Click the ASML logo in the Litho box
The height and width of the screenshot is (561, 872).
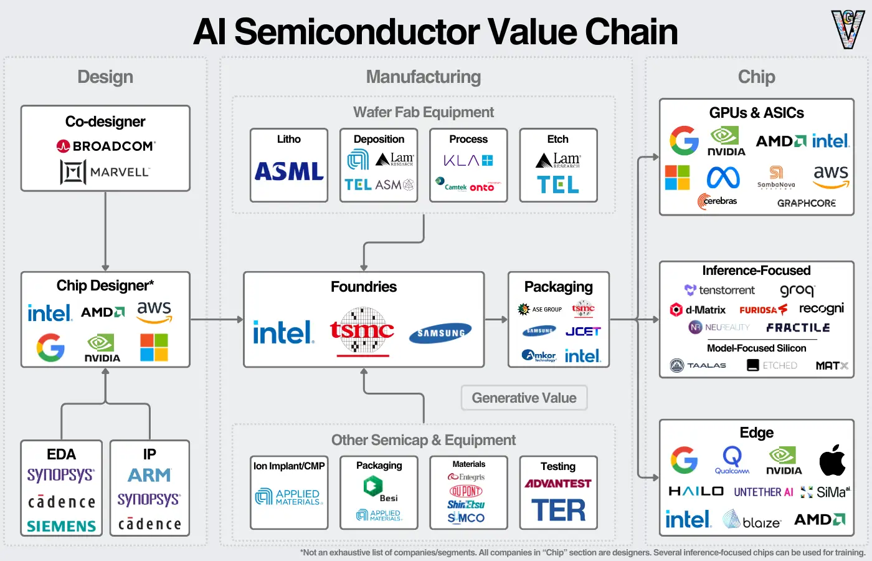pyautogui.click(x=289, y=171)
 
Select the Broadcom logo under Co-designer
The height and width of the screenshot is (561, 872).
pyautogui.click(x=105, y=146)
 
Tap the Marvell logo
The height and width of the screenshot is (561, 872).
pyautogui.click(x=105, y=172)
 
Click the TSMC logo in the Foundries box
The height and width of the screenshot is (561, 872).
pyautogui.click(x=362, y=331)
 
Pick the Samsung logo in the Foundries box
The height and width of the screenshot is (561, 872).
pyautogui.click(x=440, y=333)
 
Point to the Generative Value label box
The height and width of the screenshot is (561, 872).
pyautogui.click(x=524, y=398)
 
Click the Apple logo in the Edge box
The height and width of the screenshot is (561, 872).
pyautogui.click(x=832, y=461)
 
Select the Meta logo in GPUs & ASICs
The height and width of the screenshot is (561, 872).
pyautogui.click(x=723, y=178)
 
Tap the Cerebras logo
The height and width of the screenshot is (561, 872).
pyautogui.click(x=718, y=201)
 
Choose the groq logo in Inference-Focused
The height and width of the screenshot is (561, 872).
pyautogui.click(x=797, y=290)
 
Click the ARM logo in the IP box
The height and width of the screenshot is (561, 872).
pyautogui.click(x=149, y=476)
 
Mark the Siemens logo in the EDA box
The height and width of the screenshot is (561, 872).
pyautogui.click(x=62, y=526)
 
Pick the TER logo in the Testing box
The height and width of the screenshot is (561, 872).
pyautogui.click(x=558, y=511)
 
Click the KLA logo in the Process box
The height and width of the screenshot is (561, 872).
pyautogui.click(x=468, y=161)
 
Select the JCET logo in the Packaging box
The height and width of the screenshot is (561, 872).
pyautogui.click(x=582, y=332)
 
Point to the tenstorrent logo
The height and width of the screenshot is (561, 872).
pyautogui.click(x=719, y=290)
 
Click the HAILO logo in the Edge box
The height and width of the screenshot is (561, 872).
pyautogui.click(x=696, y=491)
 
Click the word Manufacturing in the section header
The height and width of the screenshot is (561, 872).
pyautogui.click(x=424, y=77)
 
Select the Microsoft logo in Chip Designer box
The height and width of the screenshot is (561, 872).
pyautogui.click(x=154, y=347)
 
